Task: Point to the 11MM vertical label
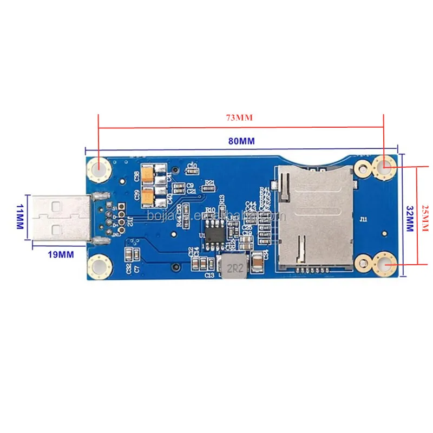[21, 216]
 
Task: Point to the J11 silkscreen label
[363, 219]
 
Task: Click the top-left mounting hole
[99, 168]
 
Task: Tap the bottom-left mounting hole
[99, 266]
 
